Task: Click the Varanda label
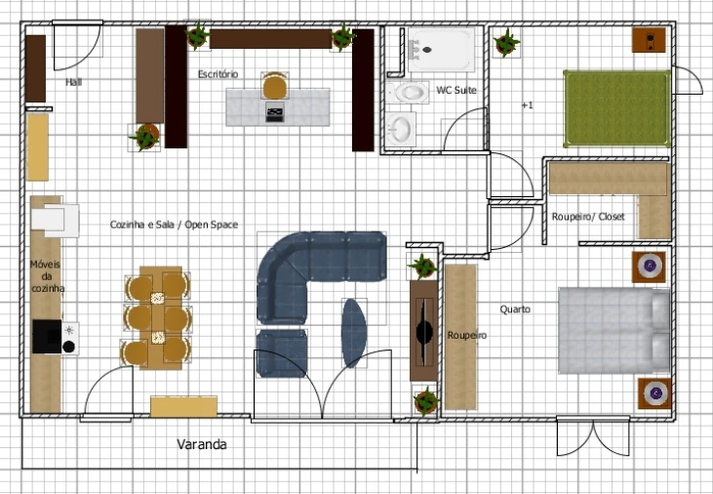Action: pyautogui.click(x=202, y=444)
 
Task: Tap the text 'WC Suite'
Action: pyautogui.click(x=456, y=90)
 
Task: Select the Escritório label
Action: pyautogui.click(x=218, y=74)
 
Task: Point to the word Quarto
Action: pyautogui.click(x=515, y=309)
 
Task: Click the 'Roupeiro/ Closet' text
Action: pyautogui.click(x=587, y=216)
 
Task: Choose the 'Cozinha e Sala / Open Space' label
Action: pyautogui.click(x=174, y=225)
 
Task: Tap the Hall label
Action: pyautogui.click(x=73, y=83)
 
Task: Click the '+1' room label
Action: pyautogui.click(x=528, y=104)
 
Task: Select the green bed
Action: pyautogui.click(x=615, y=107)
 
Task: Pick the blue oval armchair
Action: pyautogui.click(x=354, y=332)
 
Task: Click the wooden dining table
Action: pyautogui.click(x=156, y=317)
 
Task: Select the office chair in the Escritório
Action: pyautogui.click(x=275, y=87)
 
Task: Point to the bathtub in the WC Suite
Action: pyautogui.click(x=442, y=50)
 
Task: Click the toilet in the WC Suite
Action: pyautogui.click(x=409, y=93)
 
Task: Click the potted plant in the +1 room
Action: pyautogui.click(x=506, y=43)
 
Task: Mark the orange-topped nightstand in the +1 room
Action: pyautogui.click(x=650, y=41)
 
